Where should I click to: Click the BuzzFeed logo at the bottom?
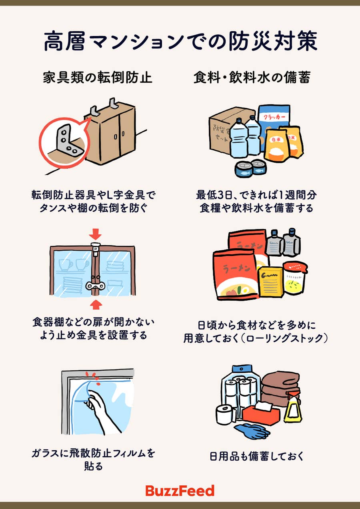180,491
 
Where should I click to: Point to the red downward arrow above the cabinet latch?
96,233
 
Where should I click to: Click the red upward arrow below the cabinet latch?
96,305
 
